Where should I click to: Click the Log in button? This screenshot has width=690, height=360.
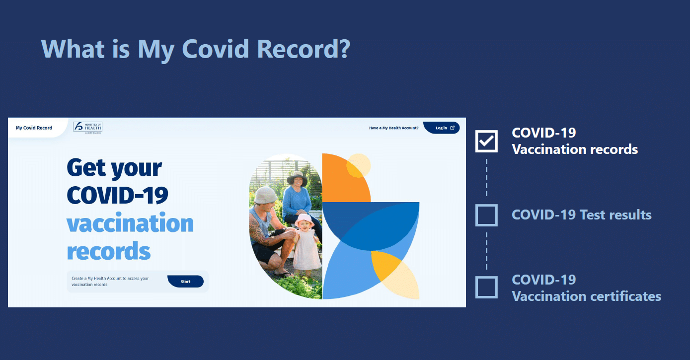tap(441, 128)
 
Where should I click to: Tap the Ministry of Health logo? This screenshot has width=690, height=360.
tap(87, 128)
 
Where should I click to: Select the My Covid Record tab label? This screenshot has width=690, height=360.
tap(34, 128)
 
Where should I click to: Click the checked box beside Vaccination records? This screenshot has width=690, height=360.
tap(486, 142)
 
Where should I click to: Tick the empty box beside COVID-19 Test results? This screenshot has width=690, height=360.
tap(486, 215)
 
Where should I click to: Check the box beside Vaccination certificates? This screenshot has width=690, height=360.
tap(486, 288)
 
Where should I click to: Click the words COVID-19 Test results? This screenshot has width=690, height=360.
tap(581, 215)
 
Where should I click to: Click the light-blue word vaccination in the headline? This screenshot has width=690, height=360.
tap(130, 223)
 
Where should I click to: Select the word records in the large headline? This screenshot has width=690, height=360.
tap(109, 251)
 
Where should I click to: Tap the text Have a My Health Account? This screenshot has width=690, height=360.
tap(393, 128)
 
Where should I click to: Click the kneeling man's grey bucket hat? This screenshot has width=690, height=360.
tap(265, 194)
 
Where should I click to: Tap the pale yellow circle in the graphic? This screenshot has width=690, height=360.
tap(359, 165)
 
